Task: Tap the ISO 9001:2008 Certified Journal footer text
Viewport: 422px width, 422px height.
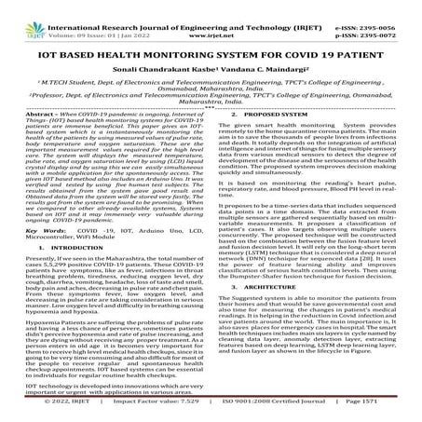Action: coord(279,410)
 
